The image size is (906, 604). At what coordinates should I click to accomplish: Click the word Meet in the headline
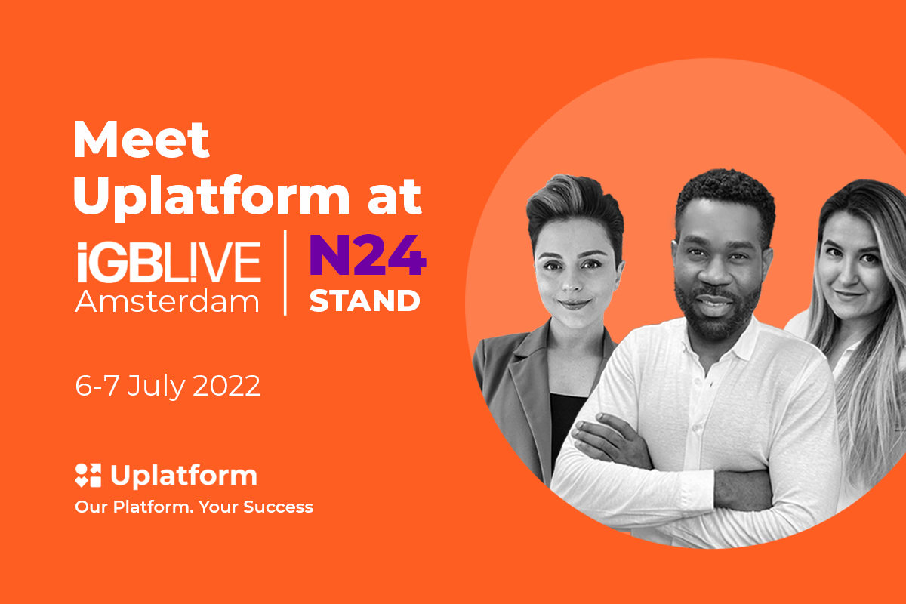141,139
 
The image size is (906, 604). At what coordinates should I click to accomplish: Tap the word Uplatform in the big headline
211,197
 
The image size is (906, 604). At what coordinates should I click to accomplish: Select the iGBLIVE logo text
169,261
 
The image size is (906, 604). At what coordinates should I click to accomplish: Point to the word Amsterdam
167,301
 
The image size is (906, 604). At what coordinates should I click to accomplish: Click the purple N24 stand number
368,255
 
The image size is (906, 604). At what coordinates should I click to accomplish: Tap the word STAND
365,301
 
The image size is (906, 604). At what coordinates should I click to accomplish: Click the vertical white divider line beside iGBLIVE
285,273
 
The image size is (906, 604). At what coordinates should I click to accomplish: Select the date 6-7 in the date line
97,386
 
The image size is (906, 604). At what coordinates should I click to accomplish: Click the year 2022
226,386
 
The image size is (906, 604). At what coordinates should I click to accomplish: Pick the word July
156,387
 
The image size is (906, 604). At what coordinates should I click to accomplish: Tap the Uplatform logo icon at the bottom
88,476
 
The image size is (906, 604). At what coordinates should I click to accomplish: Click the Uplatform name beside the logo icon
184,476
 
